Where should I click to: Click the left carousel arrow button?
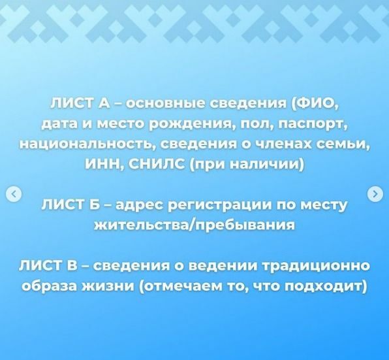click(x=14, y=193)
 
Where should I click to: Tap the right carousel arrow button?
click(x=375, y=193)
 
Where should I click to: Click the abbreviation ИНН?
click(x=101, y=164)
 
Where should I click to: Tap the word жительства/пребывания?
click(x=194, y=225)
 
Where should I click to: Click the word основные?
click(x=166, y=103)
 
